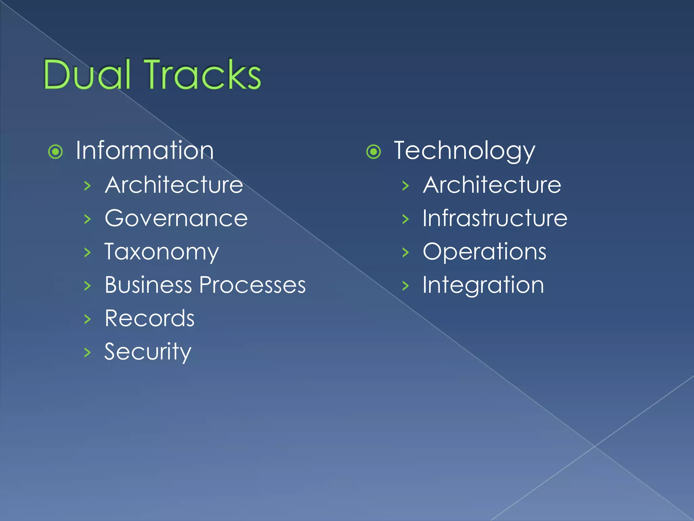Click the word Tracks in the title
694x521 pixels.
[203, 74]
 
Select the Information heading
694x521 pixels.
[145, 151]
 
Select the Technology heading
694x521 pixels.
[465, 151]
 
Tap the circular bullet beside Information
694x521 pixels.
[56, 152]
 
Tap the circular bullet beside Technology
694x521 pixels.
[374, 152]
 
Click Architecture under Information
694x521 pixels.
[174, 185]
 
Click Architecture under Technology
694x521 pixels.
[492, 185]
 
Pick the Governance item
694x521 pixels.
[176, 218]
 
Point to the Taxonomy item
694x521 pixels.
[162, 252]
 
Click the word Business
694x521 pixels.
[148, 285]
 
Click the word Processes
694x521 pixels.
[252, 285]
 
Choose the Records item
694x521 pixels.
[149, 319]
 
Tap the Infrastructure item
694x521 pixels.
[495, 218]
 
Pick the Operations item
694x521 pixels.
[485, 252]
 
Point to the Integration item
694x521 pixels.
[483, 285]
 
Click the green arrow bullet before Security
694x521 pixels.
[87, 352]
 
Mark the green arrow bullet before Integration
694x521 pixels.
[406, 286]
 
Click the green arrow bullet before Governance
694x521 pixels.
[87, 219]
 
